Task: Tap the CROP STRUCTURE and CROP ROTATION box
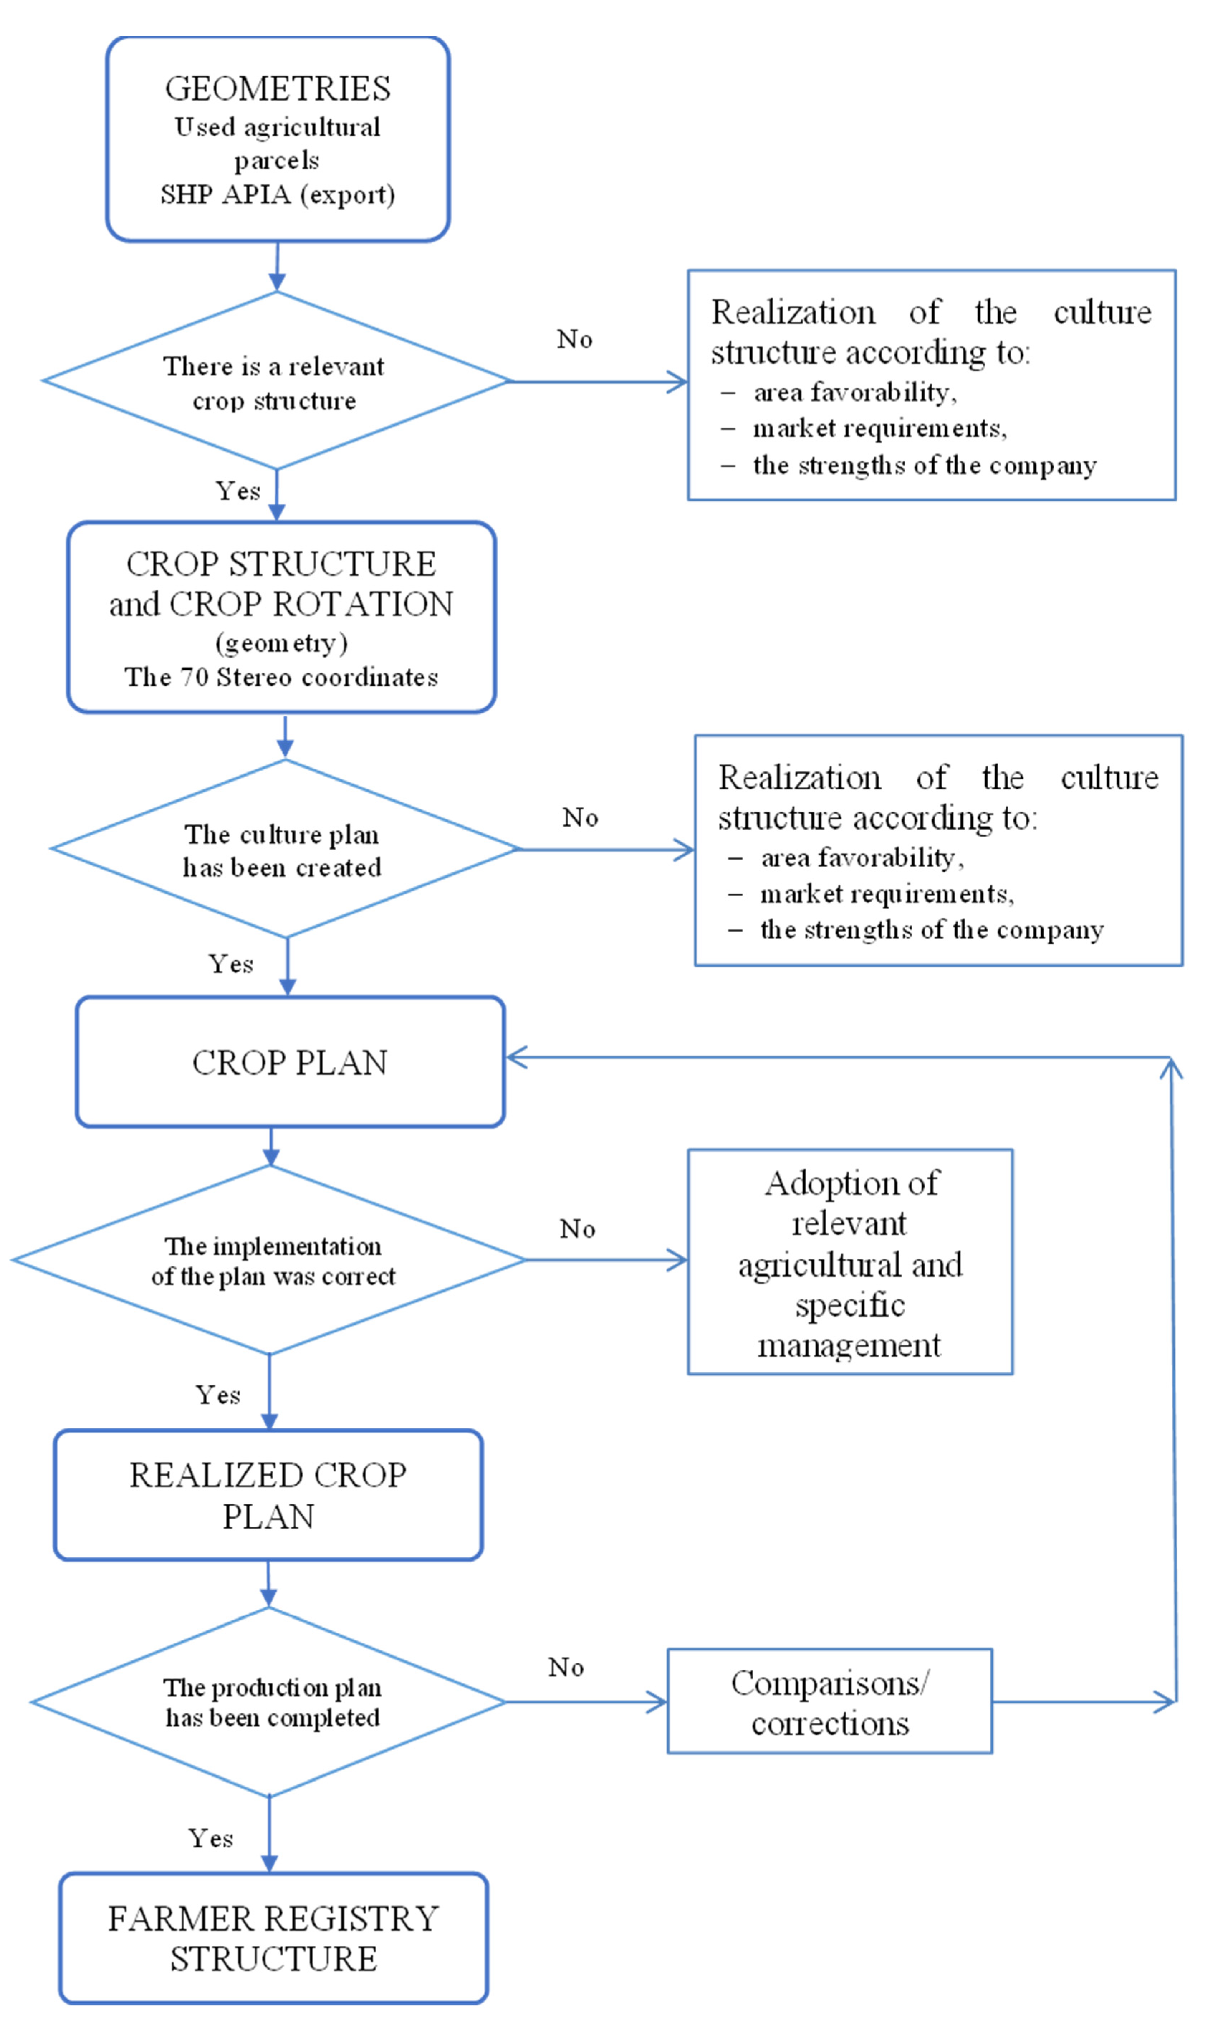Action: [281, 617]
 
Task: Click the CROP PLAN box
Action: [290, 1062]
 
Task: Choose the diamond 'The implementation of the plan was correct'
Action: [270, 1260]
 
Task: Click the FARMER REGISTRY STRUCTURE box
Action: [274, 1938]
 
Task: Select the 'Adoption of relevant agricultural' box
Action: [850, 1263]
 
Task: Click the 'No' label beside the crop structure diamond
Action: [574, 339]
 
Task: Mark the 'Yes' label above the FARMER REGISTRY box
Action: [211, 1838]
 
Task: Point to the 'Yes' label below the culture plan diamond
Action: [231, 963]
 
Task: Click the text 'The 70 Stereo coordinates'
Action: [281, 677]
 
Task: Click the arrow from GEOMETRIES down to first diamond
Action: [277, 266]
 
